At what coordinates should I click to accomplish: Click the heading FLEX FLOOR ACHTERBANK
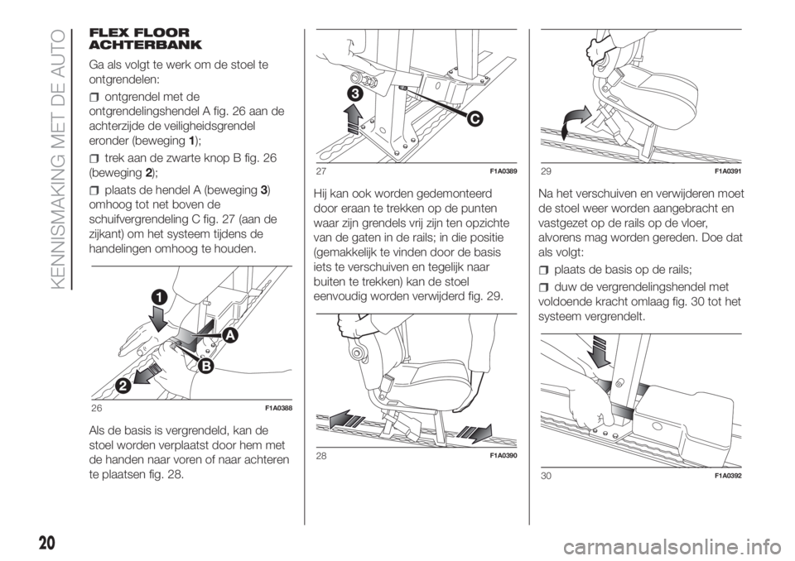pyautogui.click(x=145, y=39)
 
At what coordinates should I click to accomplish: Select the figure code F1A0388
pyautogui.click(x=277, y=409)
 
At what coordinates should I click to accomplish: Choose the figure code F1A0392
pyautogui.click(x=728, y=475)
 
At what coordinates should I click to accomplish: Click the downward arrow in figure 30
pyautogui.click(x=601, y=351)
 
